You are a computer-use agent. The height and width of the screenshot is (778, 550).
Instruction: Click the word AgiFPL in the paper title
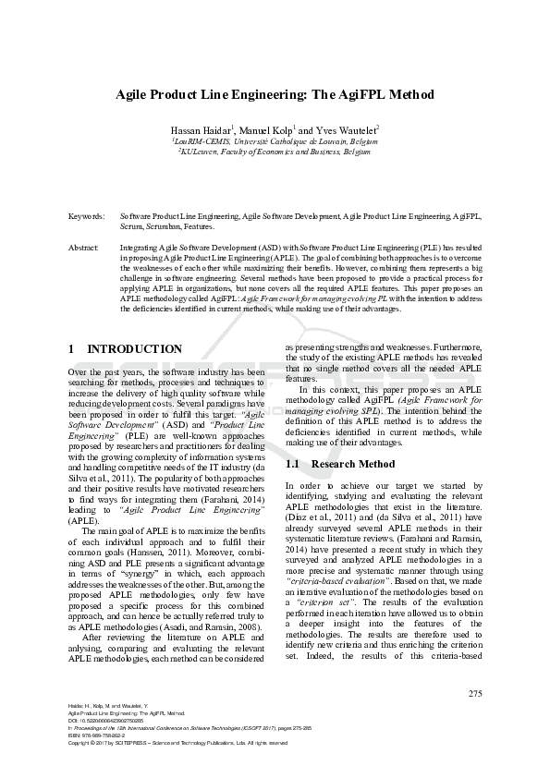tap(362, 95)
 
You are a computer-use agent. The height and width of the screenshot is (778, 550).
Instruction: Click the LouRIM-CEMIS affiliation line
tap(275, 140)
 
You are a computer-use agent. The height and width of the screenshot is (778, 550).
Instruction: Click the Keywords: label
tap(86, 215)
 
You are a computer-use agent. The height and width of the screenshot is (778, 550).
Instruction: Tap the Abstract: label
tap(84, 249)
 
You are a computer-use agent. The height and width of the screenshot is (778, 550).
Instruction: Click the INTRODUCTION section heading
tap(126, 349)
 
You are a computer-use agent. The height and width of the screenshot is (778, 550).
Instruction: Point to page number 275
tap(475, 694)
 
